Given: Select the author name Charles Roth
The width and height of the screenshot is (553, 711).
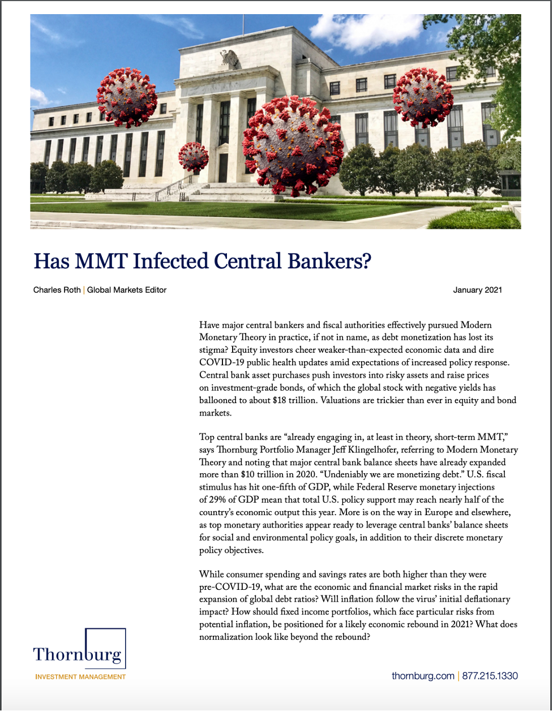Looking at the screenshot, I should (57, 290).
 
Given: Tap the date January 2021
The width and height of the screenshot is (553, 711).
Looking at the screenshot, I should (477, 290).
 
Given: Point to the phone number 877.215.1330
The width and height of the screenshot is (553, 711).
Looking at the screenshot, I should (490, 676).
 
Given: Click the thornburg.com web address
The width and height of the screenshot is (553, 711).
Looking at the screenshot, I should (423, 676).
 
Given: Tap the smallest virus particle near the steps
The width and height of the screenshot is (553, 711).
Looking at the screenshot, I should (194, 157).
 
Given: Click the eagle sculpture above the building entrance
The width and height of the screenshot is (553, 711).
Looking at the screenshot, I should (229, 58).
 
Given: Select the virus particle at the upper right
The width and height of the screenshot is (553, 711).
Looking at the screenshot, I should (423, 97).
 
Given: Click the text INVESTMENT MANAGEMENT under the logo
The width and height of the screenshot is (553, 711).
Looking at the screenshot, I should (80, 676).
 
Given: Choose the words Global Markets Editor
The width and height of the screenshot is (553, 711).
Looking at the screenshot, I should (127, 290).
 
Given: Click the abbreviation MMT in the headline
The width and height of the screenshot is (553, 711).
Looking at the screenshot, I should (102, 262).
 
